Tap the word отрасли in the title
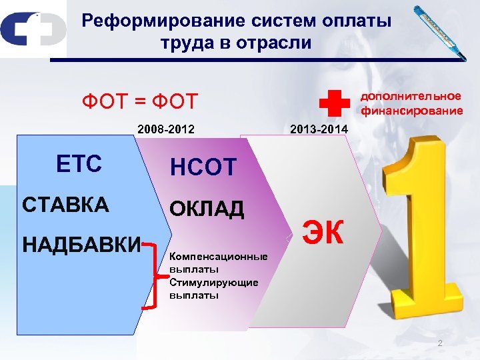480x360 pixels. [x=275, y=44]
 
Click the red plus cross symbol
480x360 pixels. [x=334, y=103]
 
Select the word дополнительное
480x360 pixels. [x=411, y=97]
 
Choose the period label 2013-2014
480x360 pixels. [x=319, y=129]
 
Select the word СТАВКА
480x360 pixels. [x=65, y=204]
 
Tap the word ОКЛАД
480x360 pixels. [x=207, y=209]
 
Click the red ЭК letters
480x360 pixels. [x=324, y=232]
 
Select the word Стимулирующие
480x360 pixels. [x=214, y=283]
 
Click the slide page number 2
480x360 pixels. [x=439, y=343]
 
